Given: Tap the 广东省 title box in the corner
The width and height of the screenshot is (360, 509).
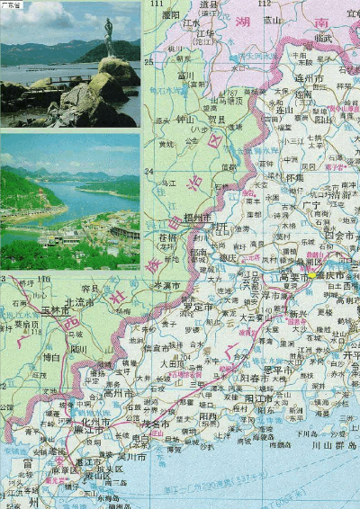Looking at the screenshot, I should [13, 5].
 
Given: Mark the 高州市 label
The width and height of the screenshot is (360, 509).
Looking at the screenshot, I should [119, 393].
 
